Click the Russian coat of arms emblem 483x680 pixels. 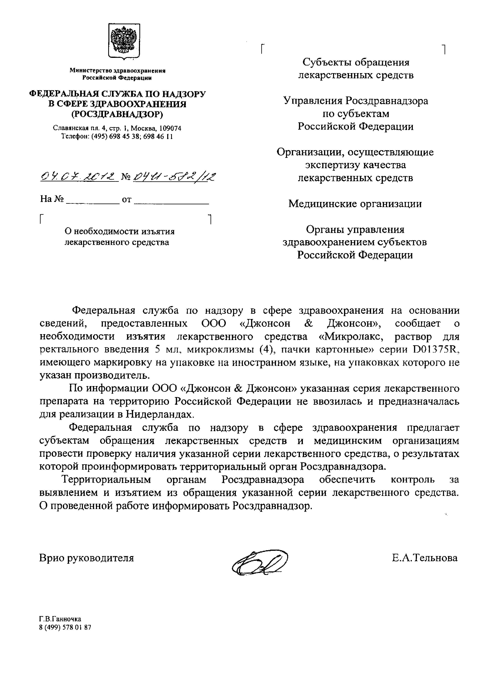pos(124,41)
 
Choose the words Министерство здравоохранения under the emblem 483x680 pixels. pos(117,71)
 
